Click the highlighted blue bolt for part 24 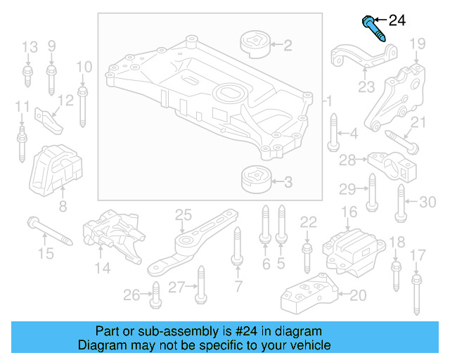pyautogui.click(x=373, y=27)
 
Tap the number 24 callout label pyautogui.click(x=397, y=20)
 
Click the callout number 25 pyautogui.click(x=183, y=214)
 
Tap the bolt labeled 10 pyautogui.click(x=83, y=105)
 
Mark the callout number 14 pyautogui.click(x=103, y=268)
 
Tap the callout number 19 pyautogui.click(x=418, y=44)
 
